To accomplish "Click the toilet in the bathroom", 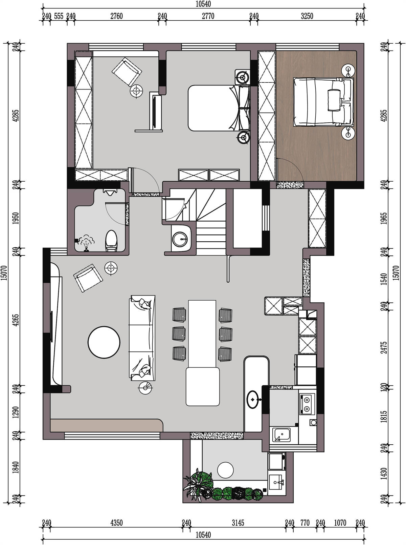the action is tap(111, 241).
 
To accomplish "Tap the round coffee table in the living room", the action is tap(104, 342).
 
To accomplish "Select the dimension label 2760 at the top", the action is tap(116, 16).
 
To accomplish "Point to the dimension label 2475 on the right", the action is tap(384, 348).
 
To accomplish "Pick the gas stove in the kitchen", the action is tap(307, 404).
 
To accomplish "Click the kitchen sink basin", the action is tap(281, 435).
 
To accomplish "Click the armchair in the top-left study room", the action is tap(127, 72).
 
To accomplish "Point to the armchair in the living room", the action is tap(88, 278).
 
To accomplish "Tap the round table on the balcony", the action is tap(225, 470).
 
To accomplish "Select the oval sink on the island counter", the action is tap(253, 399).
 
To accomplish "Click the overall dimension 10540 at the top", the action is tap(203, 4).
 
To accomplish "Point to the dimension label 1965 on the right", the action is tap(384, 218).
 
